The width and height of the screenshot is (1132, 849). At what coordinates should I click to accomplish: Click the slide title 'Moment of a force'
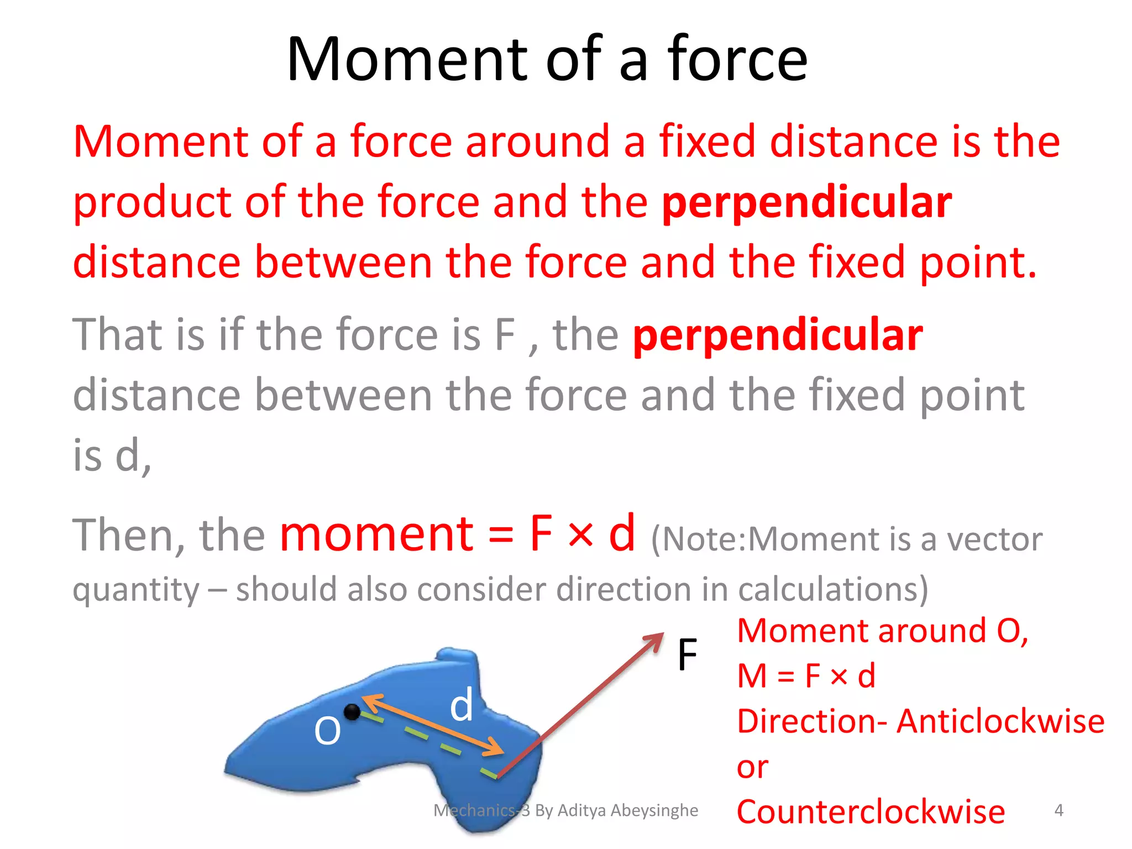[x=547, y=59]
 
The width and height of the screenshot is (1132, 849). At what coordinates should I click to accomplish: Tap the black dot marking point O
[x=352, y=712]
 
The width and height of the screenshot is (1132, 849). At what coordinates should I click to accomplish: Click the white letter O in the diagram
[x=327, y=731]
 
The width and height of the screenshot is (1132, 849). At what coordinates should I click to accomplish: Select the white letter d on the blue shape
[x=462, y=706]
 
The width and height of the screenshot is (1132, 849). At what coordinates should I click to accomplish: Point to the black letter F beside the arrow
[x=687, y=655]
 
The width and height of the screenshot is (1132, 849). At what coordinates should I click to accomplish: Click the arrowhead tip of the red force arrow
[x=662, y=635]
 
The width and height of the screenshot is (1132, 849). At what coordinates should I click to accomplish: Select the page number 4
[x=1058, y=810]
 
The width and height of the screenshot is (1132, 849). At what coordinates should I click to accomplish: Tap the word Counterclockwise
[x=871, y=812]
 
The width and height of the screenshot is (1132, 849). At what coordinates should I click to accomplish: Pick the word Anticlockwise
[x=1000, y=721]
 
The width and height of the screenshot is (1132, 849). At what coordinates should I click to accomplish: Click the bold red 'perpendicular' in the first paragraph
[x=807, y=202]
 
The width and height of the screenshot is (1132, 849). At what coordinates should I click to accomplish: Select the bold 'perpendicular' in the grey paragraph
[x=778, y=335]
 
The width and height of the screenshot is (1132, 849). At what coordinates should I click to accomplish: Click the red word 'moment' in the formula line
[x=376, y=534]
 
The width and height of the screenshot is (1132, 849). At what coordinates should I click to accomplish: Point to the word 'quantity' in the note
[x=136, y=590]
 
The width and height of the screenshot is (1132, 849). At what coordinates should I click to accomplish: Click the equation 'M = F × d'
[x=806, y=675]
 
